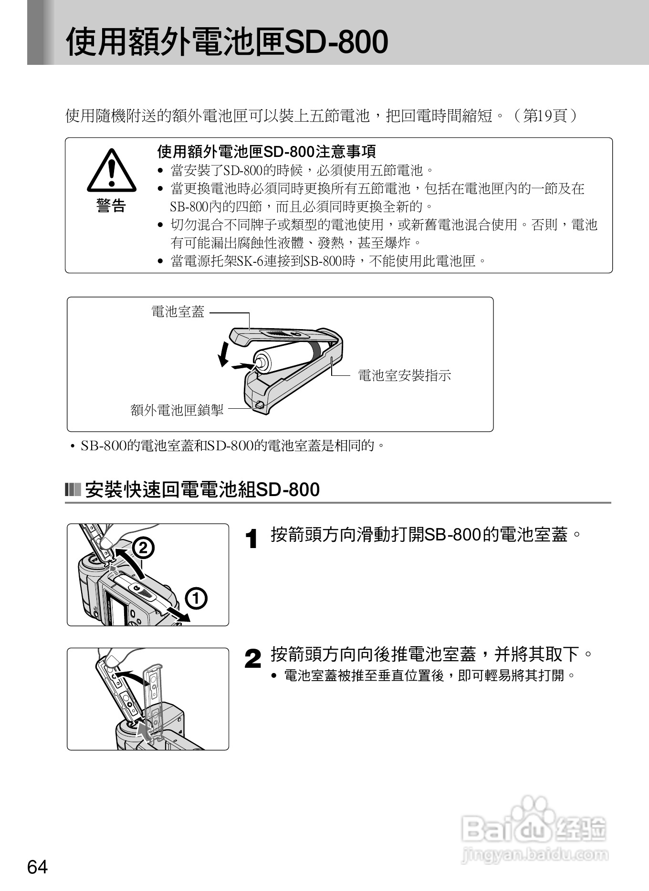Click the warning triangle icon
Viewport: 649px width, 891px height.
[x=111, y=170]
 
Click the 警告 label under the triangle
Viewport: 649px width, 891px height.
[x=111, y=206]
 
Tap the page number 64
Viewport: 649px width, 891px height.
[x=38, y=867]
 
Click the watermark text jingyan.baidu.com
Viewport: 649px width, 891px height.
[x=535, y=855]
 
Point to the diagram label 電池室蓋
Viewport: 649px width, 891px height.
[x=178, y=312]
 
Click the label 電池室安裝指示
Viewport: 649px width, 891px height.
[x=404, y=375]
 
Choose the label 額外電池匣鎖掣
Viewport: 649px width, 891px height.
[x=177, y=410]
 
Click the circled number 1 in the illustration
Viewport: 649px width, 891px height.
[x=197, y=599]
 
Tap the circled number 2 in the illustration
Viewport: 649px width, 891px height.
[x=143, y=548]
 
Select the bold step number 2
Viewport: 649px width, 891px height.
[x=253, y=660]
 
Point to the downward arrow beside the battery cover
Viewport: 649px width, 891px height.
[x=223, y=354]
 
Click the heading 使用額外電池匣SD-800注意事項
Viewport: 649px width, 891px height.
[x=267, y=152]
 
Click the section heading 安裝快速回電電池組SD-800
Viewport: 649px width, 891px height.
[x=202, y=490]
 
